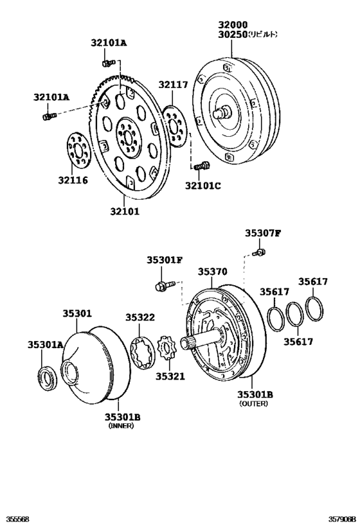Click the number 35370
212,272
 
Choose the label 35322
140,317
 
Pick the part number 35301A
45,345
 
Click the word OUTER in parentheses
253,404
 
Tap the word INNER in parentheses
122,426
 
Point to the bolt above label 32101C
201,166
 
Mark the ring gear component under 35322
141,353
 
